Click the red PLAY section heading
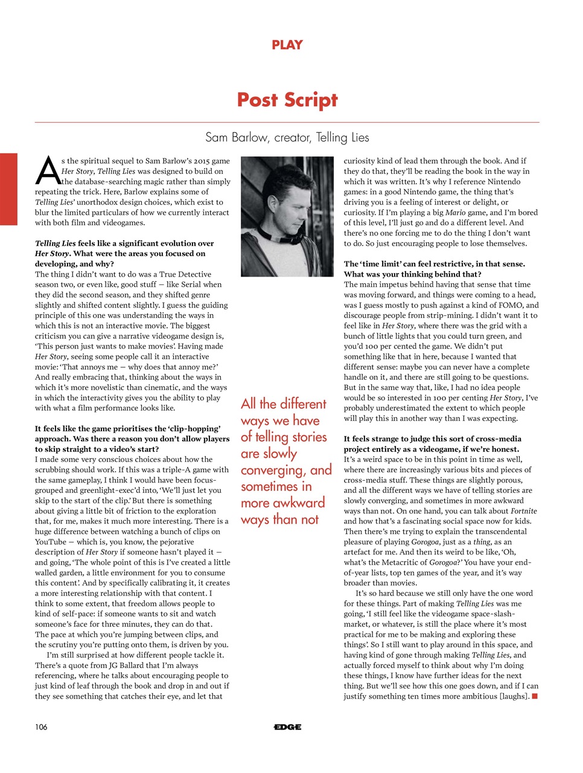click(287, 45)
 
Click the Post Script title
click(287, 100)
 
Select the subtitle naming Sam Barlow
click(287, 137)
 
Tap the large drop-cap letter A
click(47, 170)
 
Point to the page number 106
click(41, 726)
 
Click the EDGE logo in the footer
click(287, 727)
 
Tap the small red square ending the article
click(535, 696)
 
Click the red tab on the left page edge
click(8, 189)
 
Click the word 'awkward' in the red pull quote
click(298, 502)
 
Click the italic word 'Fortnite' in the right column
click(523, 511)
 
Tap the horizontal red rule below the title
click(287, 123)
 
